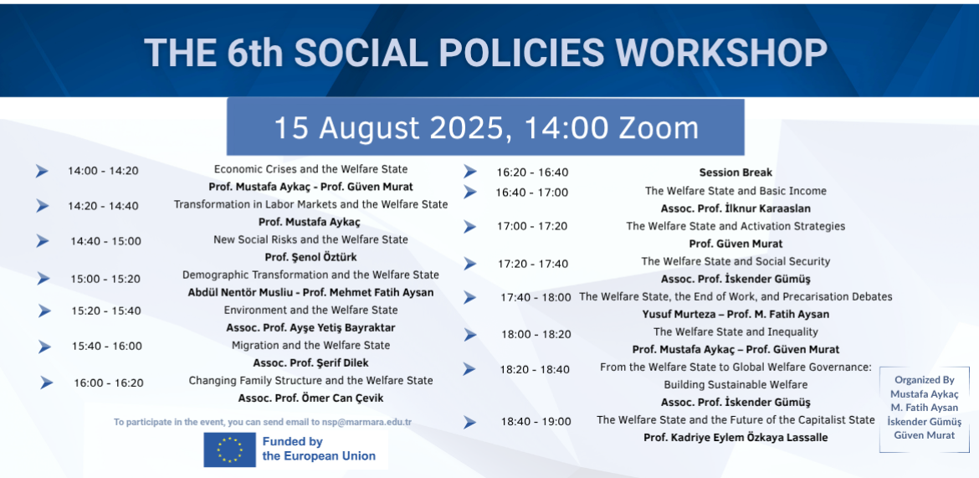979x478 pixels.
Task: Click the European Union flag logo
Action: pyautogui.click(x=229, y=450)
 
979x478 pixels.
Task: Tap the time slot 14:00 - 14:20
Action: pyautogui.click(x=103, y=171)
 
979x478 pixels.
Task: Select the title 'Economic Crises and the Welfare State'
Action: pyautogui.click(x=310, y=169)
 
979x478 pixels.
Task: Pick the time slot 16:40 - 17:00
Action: pyautogui.click(x=532, y=193)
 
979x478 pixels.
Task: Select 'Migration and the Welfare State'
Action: pyautogui.click(x=310, y=346)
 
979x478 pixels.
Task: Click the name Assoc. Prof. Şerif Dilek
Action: pyautogui.click(x=310, y=363)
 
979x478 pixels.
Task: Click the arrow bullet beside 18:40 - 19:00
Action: pyautogui.click(x=470, y=423)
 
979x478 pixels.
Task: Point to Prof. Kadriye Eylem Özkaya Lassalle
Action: pyautogui.click(x=736, y=437)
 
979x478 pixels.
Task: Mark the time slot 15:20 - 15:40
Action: pyautogui.click(x=106, y=311)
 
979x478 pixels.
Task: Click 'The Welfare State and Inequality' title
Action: pyautogui.click(x=736, y=332)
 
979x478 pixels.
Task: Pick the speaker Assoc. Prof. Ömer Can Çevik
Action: pyautogui.click(x=310, y=398)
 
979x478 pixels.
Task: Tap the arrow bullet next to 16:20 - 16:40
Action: pyautogui.click(x=470, y=172)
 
